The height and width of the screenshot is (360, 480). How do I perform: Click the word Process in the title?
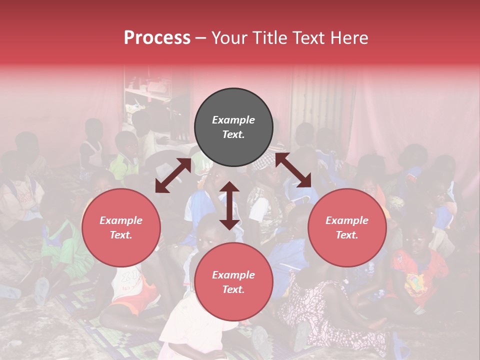(x=157, y=38)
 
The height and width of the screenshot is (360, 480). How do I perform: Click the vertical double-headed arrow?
(x=229, y=205)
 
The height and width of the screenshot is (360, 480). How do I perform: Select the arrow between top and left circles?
(x=173, y=175)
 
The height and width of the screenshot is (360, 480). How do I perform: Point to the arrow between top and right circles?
(x=293, y=170)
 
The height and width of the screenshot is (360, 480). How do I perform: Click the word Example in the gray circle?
(x=233, y=120)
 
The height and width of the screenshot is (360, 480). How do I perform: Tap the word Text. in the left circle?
(x=121, y=235)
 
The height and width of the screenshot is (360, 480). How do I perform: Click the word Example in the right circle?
(x=347, y=220)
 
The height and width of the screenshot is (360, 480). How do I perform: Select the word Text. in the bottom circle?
(x=233, y=289)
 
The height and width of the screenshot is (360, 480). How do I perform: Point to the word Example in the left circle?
(x=121, y=220)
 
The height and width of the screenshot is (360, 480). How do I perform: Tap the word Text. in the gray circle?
(x=233, y=134)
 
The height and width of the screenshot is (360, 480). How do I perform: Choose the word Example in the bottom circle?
(x=233, y=275)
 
